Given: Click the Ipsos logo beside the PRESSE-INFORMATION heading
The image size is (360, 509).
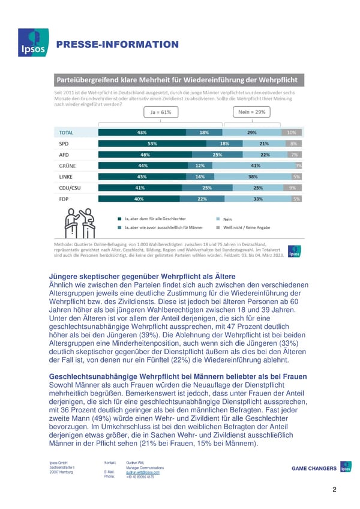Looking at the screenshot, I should (x=29, y=43).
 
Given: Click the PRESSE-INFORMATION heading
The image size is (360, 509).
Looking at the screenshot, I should (x=118, y=44).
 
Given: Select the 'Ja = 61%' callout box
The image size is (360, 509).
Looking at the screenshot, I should (x=158, y=112).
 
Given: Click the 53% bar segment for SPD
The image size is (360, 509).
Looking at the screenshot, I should (x=152, y=144).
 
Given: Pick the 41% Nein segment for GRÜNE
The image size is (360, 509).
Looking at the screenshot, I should (x=254, y=166).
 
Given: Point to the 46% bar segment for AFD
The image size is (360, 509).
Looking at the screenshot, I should (x=145, y=155).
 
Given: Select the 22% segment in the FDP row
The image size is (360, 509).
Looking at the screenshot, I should (x=202, y=199).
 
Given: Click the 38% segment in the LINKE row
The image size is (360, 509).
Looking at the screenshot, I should (x=253, y=177).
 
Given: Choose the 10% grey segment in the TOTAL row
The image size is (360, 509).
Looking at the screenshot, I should (x=291, y=133).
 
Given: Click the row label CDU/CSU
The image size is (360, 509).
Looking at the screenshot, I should (x=71, y=188).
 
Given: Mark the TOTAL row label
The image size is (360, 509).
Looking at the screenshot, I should (x=68, y=133).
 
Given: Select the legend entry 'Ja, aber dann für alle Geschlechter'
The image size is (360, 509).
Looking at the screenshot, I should (x=154, y=219).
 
